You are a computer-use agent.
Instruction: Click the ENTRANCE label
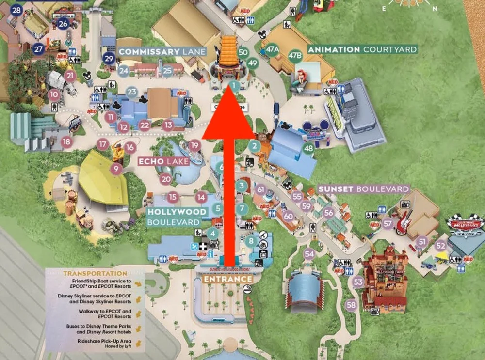point(228,280)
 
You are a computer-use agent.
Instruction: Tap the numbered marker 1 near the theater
point(234,86)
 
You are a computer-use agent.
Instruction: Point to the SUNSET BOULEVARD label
point(364,189)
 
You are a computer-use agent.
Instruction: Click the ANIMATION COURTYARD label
point(362,49)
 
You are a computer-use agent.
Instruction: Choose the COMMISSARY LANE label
point(162,51)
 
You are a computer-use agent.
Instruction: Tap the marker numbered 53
point(358,282)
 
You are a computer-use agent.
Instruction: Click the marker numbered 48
point(308,148)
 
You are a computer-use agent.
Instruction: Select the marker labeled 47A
point(273,49)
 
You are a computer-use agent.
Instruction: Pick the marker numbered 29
point(109,59)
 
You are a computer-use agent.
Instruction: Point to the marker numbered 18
point(66,141)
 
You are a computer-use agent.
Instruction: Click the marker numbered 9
point(116,169)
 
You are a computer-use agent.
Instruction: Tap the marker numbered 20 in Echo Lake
point(166,179)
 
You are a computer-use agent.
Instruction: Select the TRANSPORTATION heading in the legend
point(88,273)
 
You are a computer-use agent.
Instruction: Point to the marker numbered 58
point(351,305)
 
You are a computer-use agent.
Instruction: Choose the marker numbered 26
point(63,23)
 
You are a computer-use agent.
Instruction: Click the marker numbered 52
point(440,245)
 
